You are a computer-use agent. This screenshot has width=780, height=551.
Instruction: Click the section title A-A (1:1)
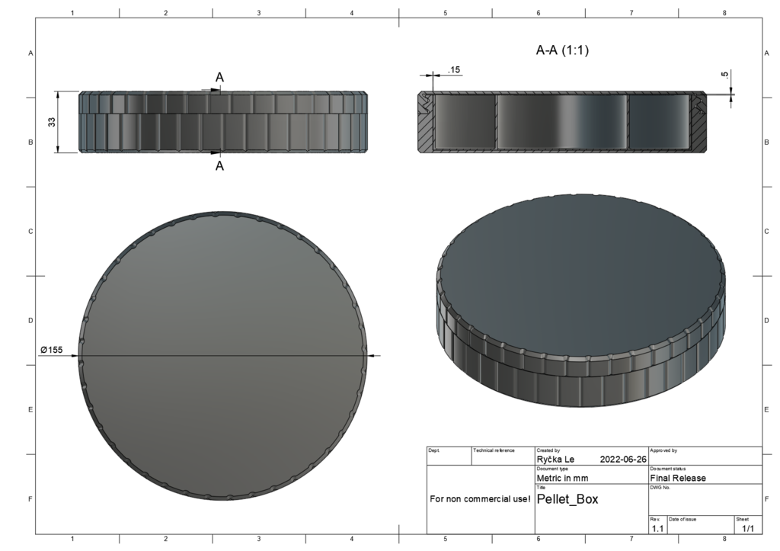[562, 50]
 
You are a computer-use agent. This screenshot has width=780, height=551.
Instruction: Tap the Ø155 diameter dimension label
[52, 350]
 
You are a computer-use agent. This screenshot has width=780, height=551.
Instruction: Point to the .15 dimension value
[454, 70]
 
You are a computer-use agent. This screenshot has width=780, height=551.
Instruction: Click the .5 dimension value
[724, 75]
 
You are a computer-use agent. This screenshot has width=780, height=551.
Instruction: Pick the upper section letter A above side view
[219, 78]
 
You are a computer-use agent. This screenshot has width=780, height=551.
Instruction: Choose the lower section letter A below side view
[219, 165]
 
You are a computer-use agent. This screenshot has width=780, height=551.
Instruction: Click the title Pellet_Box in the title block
[567, 499]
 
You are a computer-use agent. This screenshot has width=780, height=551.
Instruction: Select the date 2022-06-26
[623, 460]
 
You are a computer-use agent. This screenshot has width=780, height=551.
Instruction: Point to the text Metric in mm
[562, 478]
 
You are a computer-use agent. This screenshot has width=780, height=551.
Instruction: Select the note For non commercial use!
[480, 499]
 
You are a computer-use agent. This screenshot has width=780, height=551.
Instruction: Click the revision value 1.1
[657, 528]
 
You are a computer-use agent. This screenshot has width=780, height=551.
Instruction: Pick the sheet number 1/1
[747, 528]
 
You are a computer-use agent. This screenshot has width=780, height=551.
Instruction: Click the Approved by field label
[663, 450]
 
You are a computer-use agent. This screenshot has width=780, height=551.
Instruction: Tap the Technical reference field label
[494, 450]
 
